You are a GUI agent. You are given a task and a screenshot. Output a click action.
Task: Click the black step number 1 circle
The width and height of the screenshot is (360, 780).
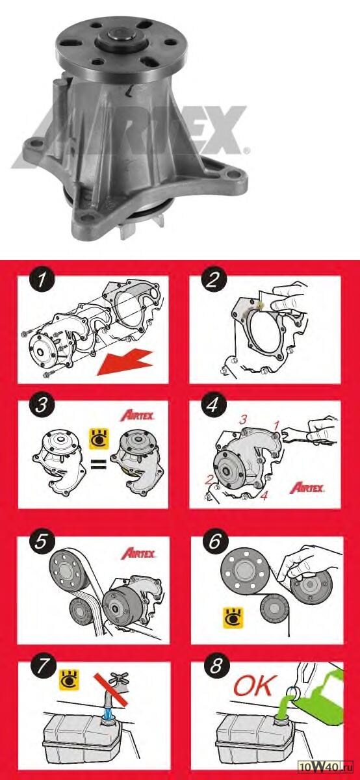[42, 280]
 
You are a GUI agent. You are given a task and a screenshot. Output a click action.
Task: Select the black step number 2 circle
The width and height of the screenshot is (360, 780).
[214, 280]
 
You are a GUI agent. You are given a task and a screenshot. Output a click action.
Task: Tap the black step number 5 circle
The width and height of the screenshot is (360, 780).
[41, 542]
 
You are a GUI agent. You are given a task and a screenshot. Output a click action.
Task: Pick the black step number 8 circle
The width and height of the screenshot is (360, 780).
[216, 666]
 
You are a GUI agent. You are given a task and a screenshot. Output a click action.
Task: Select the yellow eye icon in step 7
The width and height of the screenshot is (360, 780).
[70, 680]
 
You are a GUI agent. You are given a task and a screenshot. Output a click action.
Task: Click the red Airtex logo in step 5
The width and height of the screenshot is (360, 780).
[138, 553]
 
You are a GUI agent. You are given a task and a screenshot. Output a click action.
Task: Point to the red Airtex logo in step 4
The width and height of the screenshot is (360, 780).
[307, 488]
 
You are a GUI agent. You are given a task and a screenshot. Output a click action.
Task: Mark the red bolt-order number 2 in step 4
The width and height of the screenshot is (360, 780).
[209, 480]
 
